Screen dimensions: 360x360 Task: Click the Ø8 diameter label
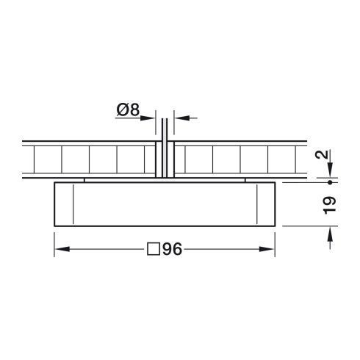click(129, 111)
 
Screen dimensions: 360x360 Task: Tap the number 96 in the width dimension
click(172, 249)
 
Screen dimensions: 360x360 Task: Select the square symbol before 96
click(154, 249)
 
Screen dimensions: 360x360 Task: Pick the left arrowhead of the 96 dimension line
click(61, 249)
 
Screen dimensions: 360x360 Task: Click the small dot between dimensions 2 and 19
click(330, 181)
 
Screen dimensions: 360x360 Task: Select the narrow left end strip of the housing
click(65, 204)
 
